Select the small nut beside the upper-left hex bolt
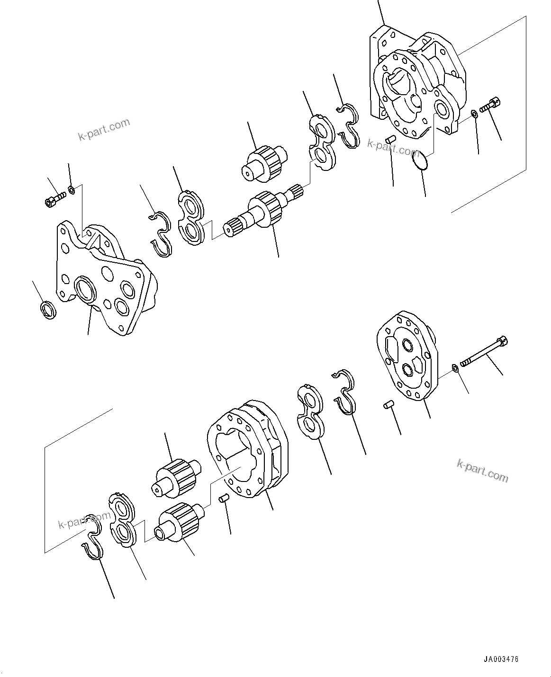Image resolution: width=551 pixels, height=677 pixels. [x=71, y=190]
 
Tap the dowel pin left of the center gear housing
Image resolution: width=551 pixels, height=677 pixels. [x=224, y=498]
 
